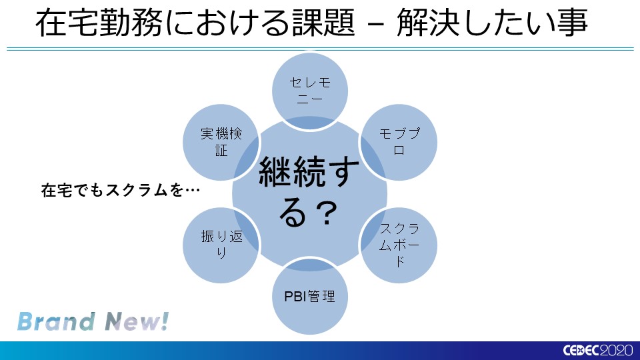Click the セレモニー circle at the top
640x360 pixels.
tap(310, 90)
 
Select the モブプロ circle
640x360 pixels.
tap(399, 141)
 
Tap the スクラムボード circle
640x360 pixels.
tap(399, 243)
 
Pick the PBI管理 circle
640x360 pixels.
tap(310, 296)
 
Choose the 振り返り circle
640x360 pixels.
tap(221, 243)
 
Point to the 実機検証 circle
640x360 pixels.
tap(221, 141)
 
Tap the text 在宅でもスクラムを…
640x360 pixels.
tap(121, 191)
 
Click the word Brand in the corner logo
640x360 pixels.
tap(55, 321)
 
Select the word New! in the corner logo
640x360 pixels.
tap(136, 321)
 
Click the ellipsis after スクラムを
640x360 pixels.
tap(193, 191)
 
